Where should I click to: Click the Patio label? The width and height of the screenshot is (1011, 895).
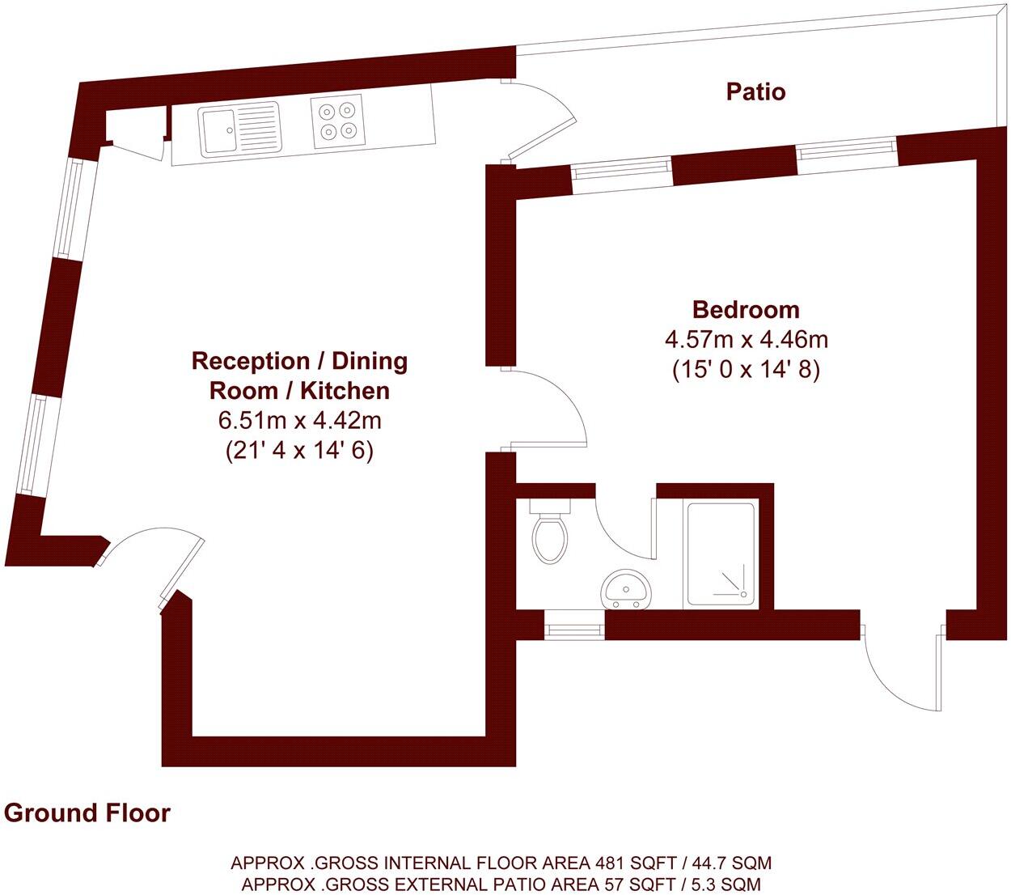(x=755, y=91)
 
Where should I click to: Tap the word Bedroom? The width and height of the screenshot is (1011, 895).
(x=746, y=309)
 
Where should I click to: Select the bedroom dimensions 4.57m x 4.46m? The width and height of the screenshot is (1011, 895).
(x=746, y=339)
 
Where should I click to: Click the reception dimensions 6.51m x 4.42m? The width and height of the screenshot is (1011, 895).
(x=299, y=421)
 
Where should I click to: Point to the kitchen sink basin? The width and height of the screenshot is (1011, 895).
(x=217, y=129)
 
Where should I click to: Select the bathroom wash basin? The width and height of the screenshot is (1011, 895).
(x=625, y=588)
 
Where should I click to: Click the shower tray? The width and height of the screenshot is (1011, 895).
(x=721, y=554)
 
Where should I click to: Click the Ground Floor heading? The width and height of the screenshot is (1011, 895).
(x=87, y=812)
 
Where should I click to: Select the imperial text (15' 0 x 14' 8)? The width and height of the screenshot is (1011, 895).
(x=746, y=370)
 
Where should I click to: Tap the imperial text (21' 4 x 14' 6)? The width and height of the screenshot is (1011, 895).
(x=299, y=451)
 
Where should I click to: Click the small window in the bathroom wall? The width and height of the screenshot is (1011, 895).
(x=573, y=626)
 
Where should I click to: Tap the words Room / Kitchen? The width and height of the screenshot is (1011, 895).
(x=299, y=391)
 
